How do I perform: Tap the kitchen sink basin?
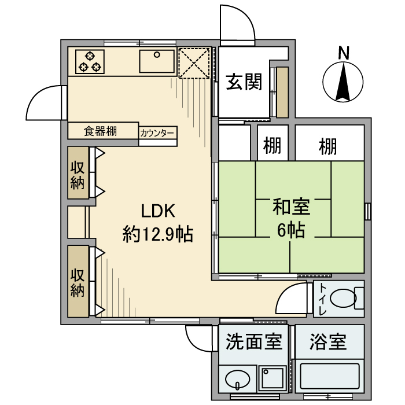pos(156,61)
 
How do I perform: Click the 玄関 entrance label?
pos(244,82)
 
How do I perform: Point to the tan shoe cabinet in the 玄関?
pos(282,93)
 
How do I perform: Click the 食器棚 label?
pos(101,131)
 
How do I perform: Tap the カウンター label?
pos(157,132)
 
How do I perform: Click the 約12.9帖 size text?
pos(157,234)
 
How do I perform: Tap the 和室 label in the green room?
pos(292,207)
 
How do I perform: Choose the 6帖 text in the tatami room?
pos(292,230)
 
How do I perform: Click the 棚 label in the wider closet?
pos(327,147)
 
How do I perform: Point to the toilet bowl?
pos(345,299)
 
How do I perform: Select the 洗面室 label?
pos(254,342)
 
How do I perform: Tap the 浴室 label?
pos(328,342)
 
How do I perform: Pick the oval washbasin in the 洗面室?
pos(237,381)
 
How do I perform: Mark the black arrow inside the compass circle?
pos(343,82)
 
